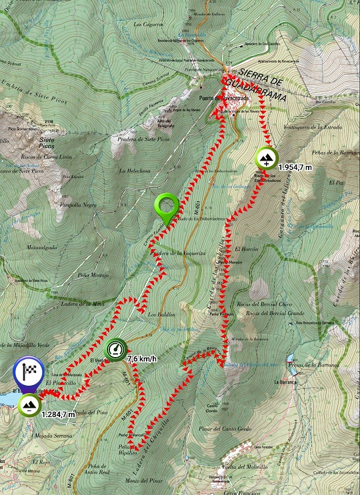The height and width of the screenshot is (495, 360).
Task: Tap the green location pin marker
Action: click(x=166, y=207)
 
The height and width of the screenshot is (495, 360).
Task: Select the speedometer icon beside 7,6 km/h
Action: click(x=116, y=349)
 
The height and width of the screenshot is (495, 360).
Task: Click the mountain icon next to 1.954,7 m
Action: click(x=266, y=158)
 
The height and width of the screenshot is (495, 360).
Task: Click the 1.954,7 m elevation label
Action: click(x=295, y=167)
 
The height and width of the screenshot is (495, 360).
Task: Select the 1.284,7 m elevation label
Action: click(x=58, y=414)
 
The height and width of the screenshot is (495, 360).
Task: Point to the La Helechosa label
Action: click(x=132, y=171)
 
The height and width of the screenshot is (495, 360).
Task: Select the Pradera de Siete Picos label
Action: click(x=143, y=139)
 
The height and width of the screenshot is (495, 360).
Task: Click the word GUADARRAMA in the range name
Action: click(x=257, y=89)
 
